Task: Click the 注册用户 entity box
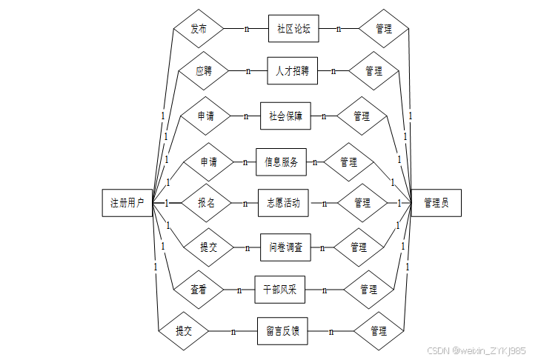point(127,203)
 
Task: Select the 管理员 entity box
point(436,203)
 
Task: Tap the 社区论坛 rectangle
point(293,29)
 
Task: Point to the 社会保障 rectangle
point(285,116)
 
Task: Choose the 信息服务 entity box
point(281,162)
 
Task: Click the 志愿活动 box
point(282,203)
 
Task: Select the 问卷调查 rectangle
point(285,247)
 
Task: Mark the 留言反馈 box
point(282,331)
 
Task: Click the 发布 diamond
point(199,29)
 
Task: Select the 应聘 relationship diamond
point(203,72)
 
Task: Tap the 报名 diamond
point(206,203)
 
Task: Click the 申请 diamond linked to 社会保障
point(206,116)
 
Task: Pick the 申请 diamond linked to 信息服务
point(208,162)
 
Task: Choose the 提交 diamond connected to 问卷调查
point(208,247)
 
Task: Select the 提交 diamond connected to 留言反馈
point(184,331)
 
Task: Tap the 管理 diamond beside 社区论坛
point(384,29)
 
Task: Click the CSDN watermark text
point(477,350)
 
